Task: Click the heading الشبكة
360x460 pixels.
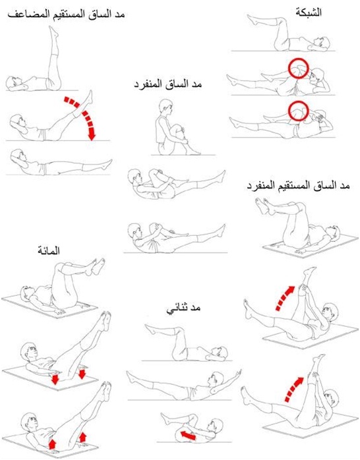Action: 309,13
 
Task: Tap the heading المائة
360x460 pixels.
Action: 49,250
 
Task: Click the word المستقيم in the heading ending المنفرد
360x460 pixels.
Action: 294,186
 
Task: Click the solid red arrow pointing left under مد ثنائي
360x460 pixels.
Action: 188,435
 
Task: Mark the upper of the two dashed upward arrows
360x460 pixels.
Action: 285,297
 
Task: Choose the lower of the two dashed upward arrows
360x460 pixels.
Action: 293,389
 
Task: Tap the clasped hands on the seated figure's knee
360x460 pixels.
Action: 184,130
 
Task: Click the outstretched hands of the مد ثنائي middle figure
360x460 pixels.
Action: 238,374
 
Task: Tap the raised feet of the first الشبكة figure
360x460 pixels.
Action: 253,20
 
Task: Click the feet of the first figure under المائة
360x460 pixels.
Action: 96,266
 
